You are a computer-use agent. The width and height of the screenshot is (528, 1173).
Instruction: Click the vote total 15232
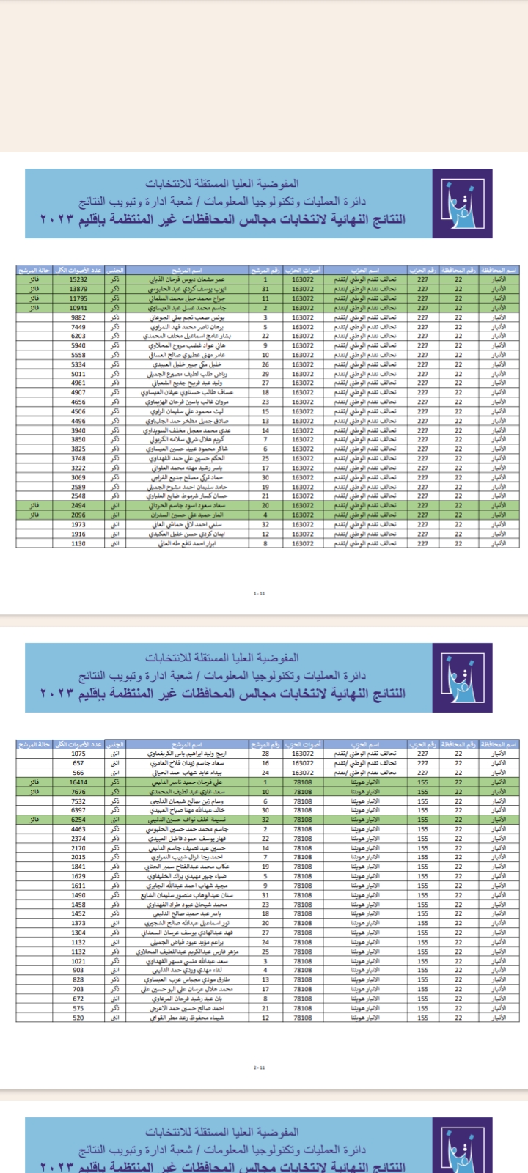coord(78,279)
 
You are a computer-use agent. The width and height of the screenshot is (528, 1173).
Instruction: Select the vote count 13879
coord(78,289)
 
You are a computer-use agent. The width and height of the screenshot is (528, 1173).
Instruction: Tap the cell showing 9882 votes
coord(78,317)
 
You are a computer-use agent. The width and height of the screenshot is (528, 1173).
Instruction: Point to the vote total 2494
coord(78,505)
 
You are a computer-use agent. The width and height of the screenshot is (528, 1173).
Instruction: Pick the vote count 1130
coord(78,543)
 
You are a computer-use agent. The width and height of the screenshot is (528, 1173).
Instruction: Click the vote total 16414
coord(78,782)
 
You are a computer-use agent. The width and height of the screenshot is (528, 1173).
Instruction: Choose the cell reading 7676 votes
coord(78,792)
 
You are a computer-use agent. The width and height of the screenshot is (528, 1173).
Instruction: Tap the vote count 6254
coord(78,820)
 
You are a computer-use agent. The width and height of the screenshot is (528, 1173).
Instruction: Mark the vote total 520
coord(78,1018)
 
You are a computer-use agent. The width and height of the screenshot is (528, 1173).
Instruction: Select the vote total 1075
coord(78,754)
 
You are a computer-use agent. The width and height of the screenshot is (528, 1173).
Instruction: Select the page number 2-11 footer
coord(259,1067)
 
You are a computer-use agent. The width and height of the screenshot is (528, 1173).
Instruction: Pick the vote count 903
coord(78,970)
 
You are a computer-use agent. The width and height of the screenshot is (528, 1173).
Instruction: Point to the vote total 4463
coord(78,829)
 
